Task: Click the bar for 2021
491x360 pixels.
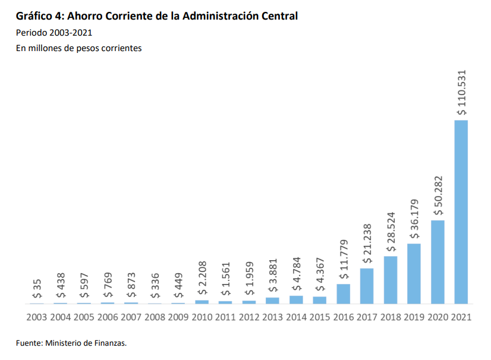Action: point(461,212)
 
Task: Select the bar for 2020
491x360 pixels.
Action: point(438,262)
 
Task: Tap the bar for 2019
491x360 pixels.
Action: point(414,274)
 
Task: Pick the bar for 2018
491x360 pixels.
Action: point(391,280)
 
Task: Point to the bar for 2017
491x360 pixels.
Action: point(367,286)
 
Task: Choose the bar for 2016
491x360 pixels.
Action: point(343,294)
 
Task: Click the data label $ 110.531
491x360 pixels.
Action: point(461,93)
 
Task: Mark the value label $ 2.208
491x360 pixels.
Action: point(202,279)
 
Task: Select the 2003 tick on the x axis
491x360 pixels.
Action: point(37,317)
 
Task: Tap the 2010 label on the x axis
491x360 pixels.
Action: point(202,317)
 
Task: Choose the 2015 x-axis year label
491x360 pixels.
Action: point(320,317)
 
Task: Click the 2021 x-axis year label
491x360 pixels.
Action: point(461,317)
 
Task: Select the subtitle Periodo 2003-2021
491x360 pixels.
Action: point(54,33)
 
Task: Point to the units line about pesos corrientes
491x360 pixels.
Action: point(78,49)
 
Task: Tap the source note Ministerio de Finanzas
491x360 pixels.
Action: point(86,343)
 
